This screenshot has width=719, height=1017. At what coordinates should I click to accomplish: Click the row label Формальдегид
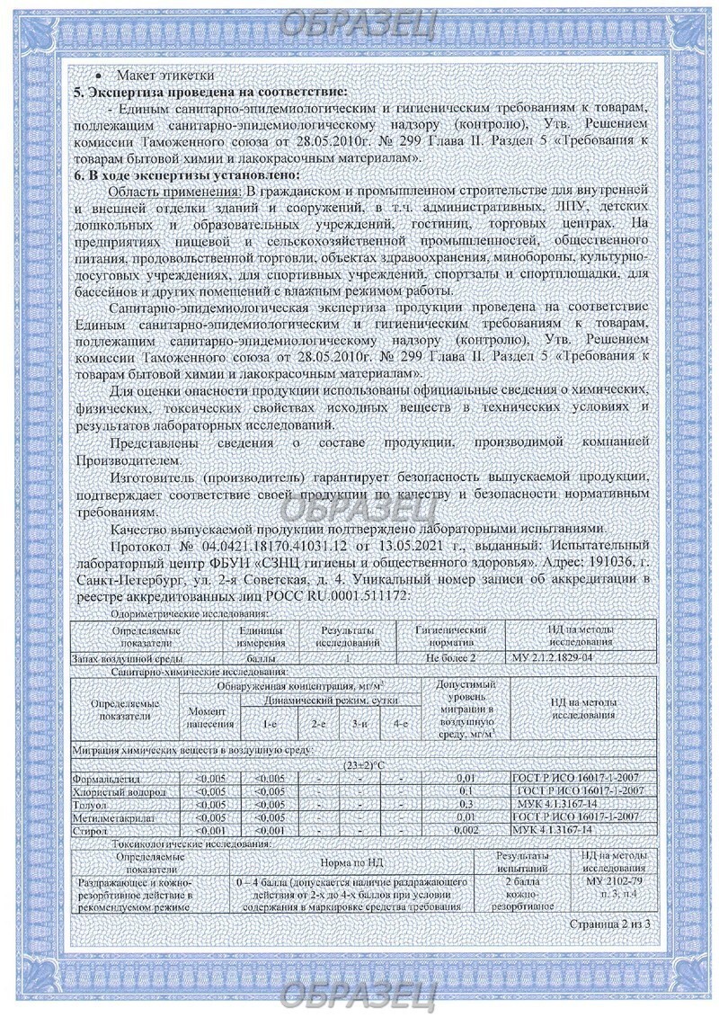pyautogui.click(x=107, y=778)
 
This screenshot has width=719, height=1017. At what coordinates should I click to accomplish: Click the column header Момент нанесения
pyautogui.click(x=209, y=718)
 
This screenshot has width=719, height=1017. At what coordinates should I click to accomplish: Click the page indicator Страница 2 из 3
pyautogui.click(x=608, y=923)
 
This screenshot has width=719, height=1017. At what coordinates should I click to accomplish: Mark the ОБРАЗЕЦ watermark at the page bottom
pyautogui.click(x=359, y=995)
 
